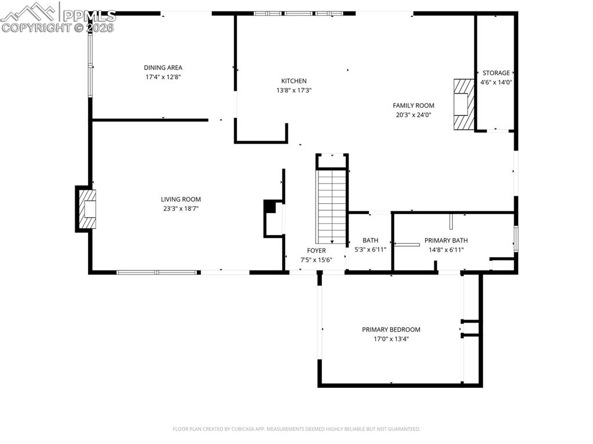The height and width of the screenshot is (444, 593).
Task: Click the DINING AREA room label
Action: [163, 68]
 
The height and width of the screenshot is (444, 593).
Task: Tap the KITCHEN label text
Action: [294, 81]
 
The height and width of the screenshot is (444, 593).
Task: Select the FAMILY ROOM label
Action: [413, 105]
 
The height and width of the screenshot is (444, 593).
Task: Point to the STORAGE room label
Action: [496, 73]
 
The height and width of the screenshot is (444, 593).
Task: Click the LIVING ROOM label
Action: [181, 200]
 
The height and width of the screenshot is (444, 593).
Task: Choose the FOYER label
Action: [316, 251]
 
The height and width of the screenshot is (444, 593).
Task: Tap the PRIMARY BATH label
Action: [446, 240]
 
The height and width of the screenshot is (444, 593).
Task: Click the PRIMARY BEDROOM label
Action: [391, 329]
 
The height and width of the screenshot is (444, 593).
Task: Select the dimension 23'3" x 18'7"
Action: [181, 209]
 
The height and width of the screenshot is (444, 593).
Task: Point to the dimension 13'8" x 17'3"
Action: [294, 90]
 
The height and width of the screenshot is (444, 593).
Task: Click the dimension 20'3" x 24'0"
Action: [413, 115]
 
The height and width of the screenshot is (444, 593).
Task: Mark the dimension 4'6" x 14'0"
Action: [496, 82]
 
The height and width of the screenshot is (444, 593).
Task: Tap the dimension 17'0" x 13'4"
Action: [391, 339]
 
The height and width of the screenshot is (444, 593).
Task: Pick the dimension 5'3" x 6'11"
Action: [370, 250]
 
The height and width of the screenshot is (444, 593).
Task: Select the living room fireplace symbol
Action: [87, 208]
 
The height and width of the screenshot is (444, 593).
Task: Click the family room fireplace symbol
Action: [463, 105]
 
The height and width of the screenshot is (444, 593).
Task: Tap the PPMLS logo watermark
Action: [58, 17]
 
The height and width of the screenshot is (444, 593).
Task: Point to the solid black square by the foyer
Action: [269, 206]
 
